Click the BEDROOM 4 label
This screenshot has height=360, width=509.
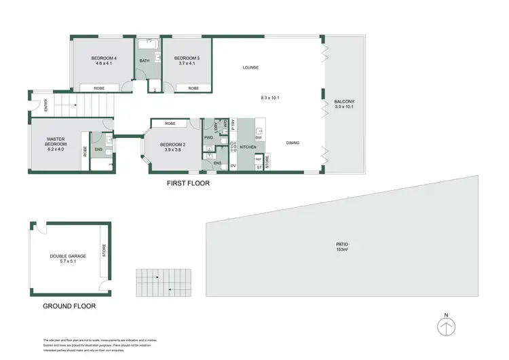point(105,58)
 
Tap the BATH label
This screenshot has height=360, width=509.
point(144,61)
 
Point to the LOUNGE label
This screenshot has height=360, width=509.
point(251,67)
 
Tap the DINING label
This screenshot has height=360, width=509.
point(293,143)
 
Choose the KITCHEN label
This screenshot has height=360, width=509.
point(247,147)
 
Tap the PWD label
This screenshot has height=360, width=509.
point(208,138)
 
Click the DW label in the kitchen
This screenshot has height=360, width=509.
point(259,138)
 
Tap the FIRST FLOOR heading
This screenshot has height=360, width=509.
point(189,183)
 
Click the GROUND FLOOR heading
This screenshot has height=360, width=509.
point(69,306)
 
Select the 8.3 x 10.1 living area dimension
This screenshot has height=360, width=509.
point(270,98)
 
